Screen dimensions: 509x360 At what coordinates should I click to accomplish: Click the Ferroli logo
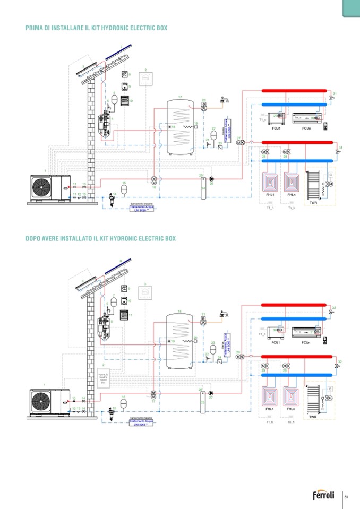tap(323, 496)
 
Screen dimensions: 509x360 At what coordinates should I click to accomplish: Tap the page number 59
tap(346, 497)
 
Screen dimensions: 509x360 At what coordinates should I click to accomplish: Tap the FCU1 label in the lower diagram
tap(276, 342)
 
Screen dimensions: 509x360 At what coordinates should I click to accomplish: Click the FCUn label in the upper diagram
tap(306, 128)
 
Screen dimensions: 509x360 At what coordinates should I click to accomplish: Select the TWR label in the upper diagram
tap(313, 202)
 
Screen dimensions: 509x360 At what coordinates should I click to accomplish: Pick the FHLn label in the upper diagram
tap(291, 195)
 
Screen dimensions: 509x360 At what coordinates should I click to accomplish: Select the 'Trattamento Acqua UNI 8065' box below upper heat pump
tap(142, 209)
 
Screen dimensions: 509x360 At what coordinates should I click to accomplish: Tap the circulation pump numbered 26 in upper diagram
tap(211, 179)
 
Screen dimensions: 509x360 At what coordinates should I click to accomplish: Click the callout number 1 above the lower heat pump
tap(45, 384)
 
